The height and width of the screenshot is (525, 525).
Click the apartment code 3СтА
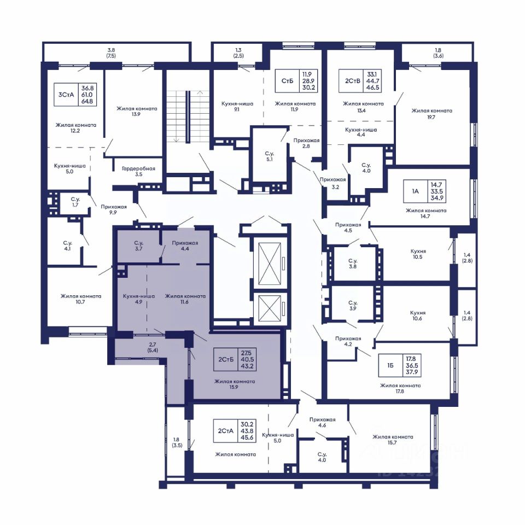click(x=66, y=95)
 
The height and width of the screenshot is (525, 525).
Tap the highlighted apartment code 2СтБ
click(x=226, y=359)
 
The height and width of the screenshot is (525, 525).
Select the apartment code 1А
click(x=415, y=191)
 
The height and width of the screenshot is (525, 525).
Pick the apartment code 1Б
click(x=390, y=365)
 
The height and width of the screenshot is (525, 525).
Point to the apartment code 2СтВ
click(x=353, y=81)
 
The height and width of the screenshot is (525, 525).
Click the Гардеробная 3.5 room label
click(x=138, y=171)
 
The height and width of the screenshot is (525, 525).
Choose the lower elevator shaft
click(x=270, y=308)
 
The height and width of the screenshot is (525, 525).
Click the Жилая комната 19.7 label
click(x=431, y=114)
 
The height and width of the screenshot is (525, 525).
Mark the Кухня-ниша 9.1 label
click(x=237, y=107)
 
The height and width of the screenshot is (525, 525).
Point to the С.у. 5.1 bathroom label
click(x=269, y=156)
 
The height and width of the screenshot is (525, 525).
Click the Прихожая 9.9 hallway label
click(x=114, y=209)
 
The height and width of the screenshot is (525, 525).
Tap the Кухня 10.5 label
click(x=418, y=254)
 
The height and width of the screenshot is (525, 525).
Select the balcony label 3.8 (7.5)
click(x=111, y=53)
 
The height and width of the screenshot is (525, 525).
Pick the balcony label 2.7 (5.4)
click(x=153, y=347)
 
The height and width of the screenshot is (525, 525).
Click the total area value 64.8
click(x=87, y=101)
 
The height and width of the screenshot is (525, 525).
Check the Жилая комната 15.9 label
click(x=235, y=384)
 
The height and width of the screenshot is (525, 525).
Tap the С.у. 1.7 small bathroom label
click(x=75, y=202)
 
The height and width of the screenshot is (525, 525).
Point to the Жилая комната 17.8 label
click(x=400, y=388)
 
